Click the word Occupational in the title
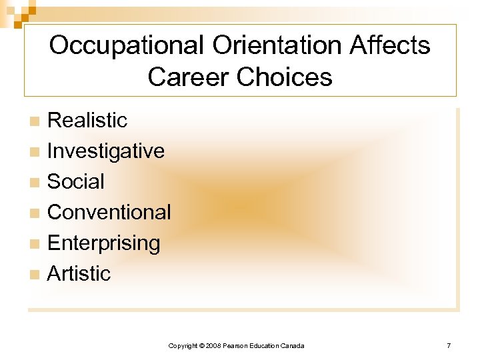(127, 46)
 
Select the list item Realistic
(87, 120)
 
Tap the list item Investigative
(106, 151)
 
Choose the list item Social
(76, 181)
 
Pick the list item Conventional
(109, 212)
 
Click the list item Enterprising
(104, 243)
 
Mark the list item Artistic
(79, 273)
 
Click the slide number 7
(449, 345)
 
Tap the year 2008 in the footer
(213, 345)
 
